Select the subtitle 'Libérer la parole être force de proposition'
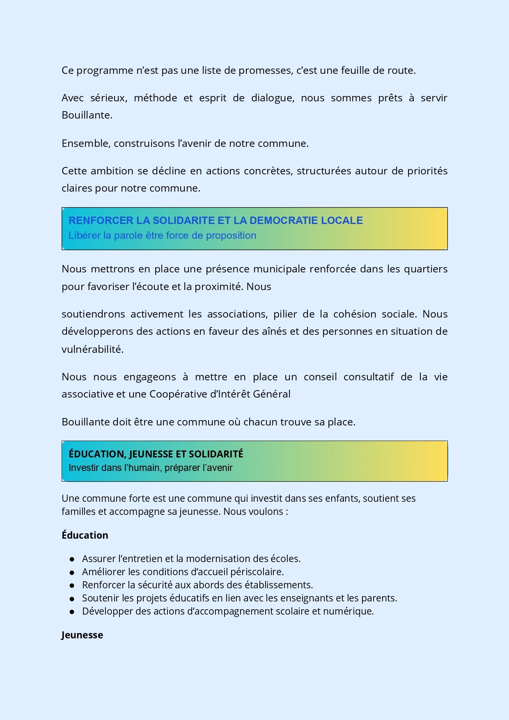(x=162, y=235)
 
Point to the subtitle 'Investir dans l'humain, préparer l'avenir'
(x=150, y=468)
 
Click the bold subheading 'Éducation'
(x=85, y=535)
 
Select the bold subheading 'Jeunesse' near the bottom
(x=82, y=635)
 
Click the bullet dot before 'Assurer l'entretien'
(x=72, y=559)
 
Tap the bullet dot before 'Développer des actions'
(x=72, y=612)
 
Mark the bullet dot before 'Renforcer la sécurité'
(x=72, y=585)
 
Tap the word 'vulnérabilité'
(x=92, y=349)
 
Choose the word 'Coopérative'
(x=178, y=394)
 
